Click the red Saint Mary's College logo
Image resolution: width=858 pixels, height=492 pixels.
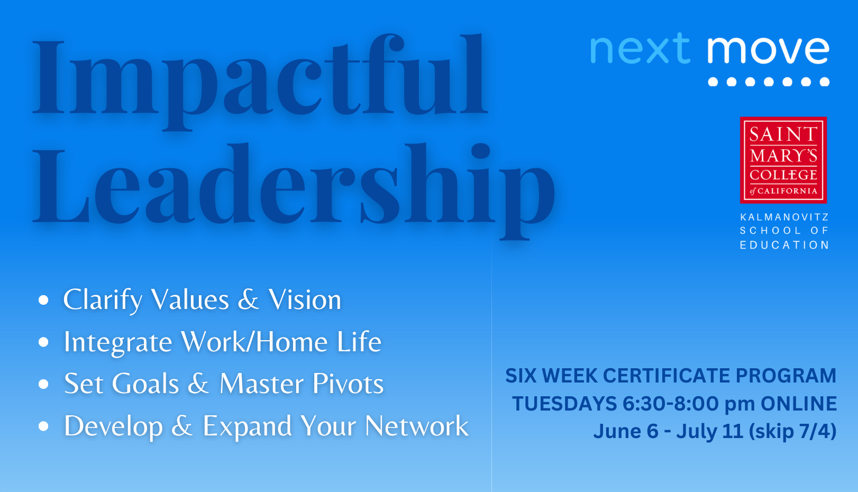783,160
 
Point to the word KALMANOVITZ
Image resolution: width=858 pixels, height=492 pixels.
784,217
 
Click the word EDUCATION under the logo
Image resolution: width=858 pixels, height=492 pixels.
784,245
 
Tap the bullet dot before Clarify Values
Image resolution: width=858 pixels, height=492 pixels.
44,299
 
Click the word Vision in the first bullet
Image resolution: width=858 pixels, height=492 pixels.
305,299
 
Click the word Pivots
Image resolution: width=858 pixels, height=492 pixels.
348,384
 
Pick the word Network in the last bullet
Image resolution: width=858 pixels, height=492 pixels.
416,426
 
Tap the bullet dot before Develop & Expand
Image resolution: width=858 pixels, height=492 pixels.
44,426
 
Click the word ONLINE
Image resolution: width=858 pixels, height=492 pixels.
799,404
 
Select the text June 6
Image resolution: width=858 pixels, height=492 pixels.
626,431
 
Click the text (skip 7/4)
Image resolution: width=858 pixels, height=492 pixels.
792,432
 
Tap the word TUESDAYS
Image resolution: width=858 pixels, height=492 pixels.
564,404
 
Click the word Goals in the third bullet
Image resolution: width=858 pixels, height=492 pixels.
145,384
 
